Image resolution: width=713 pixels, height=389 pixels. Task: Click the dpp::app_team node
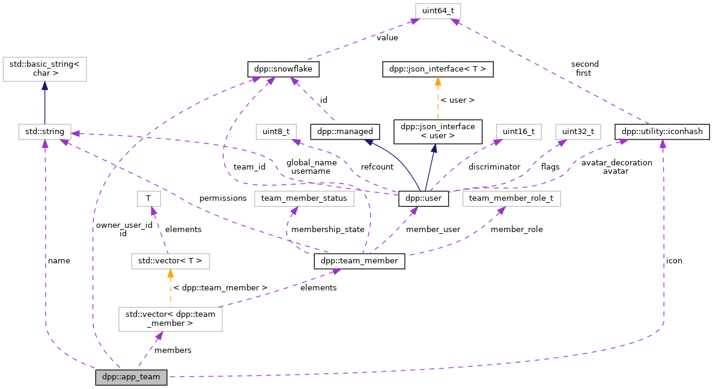point(131,378)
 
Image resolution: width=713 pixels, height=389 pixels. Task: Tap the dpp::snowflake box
point(283,70)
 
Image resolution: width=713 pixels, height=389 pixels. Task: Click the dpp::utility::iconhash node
point(663,130)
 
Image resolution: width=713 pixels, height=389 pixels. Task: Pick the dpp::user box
point(423,198)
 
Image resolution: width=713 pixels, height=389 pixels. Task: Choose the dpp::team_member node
point(359,262)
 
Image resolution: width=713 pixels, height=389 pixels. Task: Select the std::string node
point(45,130)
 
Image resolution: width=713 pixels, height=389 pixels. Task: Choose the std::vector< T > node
point(171,261)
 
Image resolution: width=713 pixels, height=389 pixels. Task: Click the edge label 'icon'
point(674,261)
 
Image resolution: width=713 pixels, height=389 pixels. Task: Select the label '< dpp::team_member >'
point(220,288)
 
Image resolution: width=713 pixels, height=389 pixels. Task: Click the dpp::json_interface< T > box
point(438,70)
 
